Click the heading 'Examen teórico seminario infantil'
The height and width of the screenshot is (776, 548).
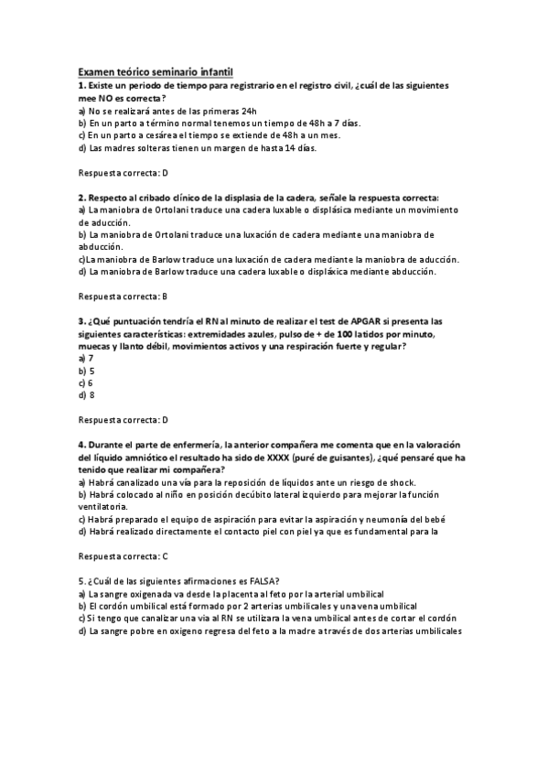156,70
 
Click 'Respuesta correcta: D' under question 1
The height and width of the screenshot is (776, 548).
124,172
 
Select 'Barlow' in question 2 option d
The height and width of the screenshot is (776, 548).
159,271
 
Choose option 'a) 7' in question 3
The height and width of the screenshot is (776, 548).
86,358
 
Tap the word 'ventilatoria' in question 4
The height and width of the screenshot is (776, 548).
103,506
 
